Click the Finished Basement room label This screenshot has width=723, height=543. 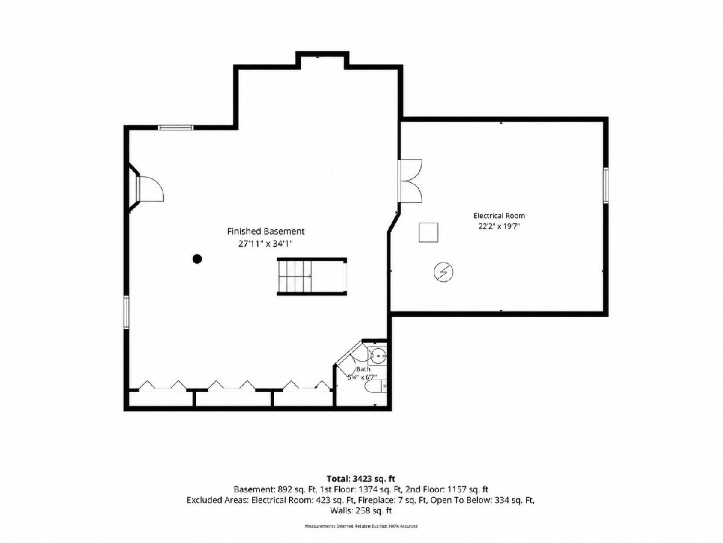[266, 232]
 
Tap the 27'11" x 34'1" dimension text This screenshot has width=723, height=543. [266, 244]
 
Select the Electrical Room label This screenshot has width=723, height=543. [499, 215]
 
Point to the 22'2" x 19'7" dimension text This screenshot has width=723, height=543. [499, 226]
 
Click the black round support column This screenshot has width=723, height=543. [197, 259]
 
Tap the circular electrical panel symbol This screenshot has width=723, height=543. [443, 272]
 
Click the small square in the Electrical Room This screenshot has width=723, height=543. [428, 233]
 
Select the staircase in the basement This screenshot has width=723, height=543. [311, 276]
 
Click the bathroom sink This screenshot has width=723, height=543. [378, 356]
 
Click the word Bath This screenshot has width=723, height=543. [363, 369]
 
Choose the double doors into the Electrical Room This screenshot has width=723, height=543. [410, 180]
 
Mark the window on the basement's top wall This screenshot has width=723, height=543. [175, 127]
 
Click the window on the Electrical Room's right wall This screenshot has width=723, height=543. [606, 185]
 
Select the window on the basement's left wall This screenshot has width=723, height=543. [126, 312]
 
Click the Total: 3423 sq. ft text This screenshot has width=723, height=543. [361, 478]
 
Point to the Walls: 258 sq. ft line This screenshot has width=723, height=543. [361, 510]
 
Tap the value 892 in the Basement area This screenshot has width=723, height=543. [285, 489]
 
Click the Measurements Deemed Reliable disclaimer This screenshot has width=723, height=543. [361, 526]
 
